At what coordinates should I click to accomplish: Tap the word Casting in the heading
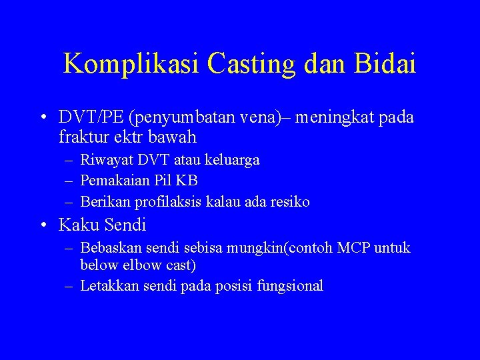tap(251, 64)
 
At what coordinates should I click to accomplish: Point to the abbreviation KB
tap(187, 181)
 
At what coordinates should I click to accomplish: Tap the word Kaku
tap(77, 225)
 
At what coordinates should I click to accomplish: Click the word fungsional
tap(291, 287)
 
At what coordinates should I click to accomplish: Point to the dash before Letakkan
tap(69, 287)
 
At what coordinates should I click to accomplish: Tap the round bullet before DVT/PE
tap(43, 119)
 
